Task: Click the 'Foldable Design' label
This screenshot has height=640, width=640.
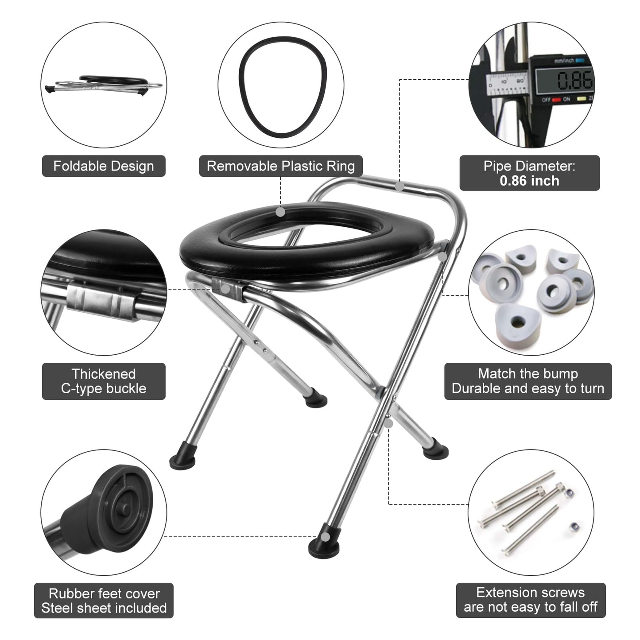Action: point(104,166)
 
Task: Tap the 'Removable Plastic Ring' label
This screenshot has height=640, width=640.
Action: point(280,166)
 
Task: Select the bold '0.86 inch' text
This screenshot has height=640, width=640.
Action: point(529,181)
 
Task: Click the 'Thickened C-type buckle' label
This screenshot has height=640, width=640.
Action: point(104,381)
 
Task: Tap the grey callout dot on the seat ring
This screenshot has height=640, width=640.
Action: point(280,212)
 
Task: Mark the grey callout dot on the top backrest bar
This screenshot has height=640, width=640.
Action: point(400,186)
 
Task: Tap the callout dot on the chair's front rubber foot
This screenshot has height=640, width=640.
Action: point(325,537)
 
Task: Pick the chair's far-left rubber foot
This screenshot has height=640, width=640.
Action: point(182,461)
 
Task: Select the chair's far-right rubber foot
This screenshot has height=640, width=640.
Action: point(436,451)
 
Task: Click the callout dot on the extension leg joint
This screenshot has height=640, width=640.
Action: point(388,424)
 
